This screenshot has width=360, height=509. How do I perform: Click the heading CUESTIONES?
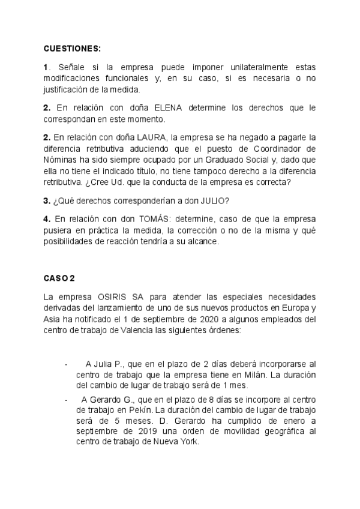click(73, 48)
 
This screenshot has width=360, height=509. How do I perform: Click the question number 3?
click(46, 200)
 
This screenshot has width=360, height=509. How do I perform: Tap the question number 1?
click(46, 68)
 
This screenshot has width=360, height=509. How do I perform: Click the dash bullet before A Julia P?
click(65, 364)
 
